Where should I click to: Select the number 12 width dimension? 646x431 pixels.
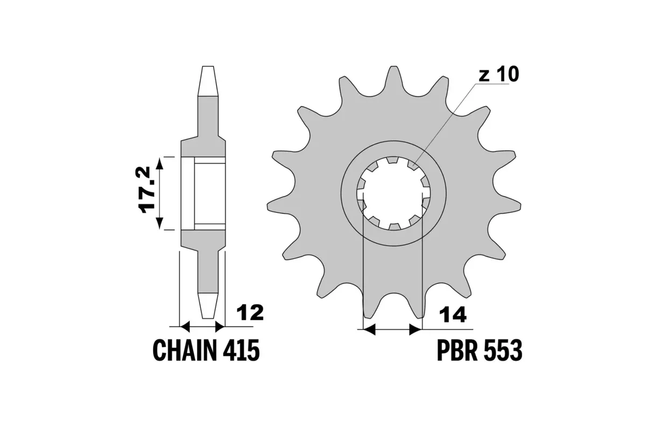[250, 312]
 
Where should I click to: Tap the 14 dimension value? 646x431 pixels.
[452, 314]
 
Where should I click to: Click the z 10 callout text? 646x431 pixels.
[498, 75]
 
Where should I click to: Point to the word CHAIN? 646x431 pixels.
[182, 351]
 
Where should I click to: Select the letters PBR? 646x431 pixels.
[453, 351]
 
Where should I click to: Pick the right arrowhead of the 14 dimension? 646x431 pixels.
[415, 329]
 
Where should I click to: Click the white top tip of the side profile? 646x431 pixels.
[208, 81]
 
